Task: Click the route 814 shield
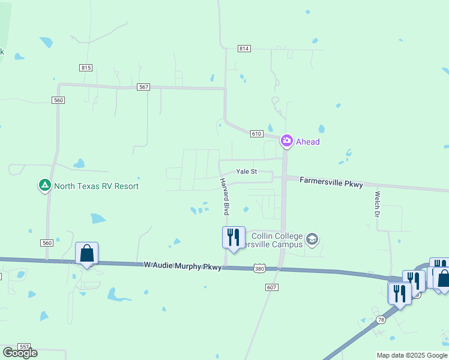click(x=244, y=49)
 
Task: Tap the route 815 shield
click(x=86, y=68)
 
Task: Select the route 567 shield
click(x=143, y=87)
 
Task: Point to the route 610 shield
click(x=256, y=134)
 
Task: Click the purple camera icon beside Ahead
click(x=286, y=141)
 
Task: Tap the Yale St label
click(x=246, y=172)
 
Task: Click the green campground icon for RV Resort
click(x=44, y=186)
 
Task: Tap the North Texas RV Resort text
click(x=96, y=186)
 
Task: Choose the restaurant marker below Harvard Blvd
click(x=233, y=238)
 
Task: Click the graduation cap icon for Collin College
click(x=312, y=240)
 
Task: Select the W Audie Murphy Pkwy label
click(x=182, y=265)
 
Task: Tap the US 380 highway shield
click(x=259, y=268)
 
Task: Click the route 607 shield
click(x=272, y=287)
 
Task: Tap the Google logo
click(x=20, y=353)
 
